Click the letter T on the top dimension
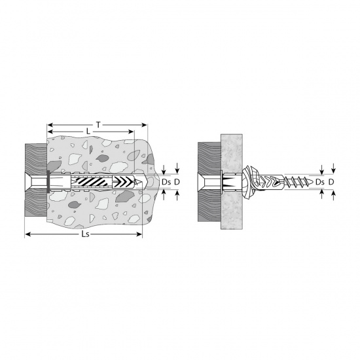tap(98, 125)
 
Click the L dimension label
tap(88, 132)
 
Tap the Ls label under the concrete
tap(85, 234)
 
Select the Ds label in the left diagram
tap(166, 182)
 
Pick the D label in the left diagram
tap(177, 182)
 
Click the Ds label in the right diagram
tap(320, 182)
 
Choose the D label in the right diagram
tap(331, 182)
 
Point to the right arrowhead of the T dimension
tap(144, 125)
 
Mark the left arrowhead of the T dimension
tap(50, 125)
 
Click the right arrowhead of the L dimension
tap(131, 132)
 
